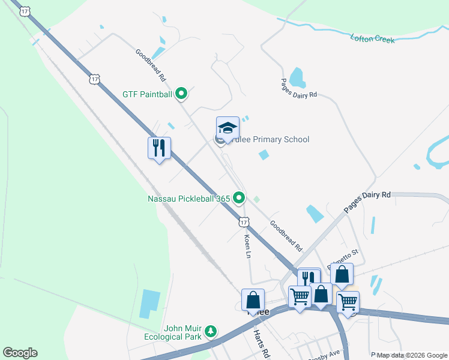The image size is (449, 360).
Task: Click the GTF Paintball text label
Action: [147, 94]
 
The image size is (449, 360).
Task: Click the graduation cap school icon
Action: [228, 127]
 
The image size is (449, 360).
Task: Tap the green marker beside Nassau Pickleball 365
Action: [240, 197]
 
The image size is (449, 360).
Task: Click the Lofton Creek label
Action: [372, 39]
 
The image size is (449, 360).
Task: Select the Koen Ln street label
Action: [247, 246]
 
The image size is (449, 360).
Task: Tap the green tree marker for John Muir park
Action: [211, 331]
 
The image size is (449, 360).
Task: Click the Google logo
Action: [20, 353]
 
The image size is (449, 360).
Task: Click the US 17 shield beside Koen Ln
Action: [243, 222]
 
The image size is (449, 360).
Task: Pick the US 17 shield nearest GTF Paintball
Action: [94, 79]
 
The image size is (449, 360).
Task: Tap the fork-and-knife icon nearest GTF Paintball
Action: [159, 147]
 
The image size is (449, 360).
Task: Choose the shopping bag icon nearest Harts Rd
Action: [253, 299]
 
